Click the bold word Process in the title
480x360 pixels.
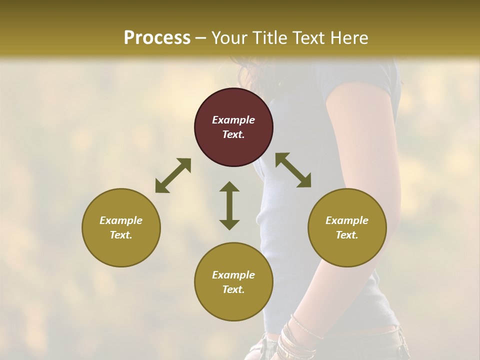click(x=157, y=38)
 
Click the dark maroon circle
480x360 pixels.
click(x=233, y=127)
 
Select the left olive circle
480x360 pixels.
click(x=121, y=227)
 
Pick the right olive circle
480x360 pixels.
click(x=347, y=227)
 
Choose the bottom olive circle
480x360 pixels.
click(x=233, y=282)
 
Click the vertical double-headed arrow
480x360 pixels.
click(x=229, y=205)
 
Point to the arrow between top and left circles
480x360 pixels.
click(x=173, y=175)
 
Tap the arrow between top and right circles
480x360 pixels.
click(x=293, y=170)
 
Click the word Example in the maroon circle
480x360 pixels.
click(x=233, y=120)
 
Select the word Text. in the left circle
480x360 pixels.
click(x=121, y=235)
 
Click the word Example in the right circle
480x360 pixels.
click(x=347, y=220)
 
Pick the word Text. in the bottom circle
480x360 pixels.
click(x=233, y=289)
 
